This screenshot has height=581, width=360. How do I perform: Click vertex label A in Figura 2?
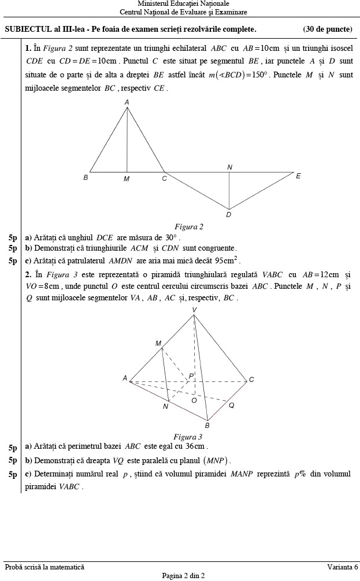(x=127, y=102)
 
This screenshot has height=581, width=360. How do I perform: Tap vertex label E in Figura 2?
(x=298, y=176)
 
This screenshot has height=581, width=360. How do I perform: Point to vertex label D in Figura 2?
(x=229, y=215)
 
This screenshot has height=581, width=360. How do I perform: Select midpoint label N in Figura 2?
(x=229, y=167)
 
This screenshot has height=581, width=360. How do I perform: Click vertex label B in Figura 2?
(x=86, y=178)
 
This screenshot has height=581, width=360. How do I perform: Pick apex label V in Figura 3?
(x=194, y=310)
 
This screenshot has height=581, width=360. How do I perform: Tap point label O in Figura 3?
(x=194, y=400)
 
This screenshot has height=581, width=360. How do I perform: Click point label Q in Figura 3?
(x=231, y=405)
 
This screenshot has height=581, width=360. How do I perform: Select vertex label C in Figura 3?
(x=251, y=379)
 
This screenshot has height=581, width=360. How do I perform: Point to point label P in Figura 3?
(x=191, y=376)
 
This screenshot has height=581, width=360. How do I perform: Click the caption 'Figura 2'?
(x=189, y=227)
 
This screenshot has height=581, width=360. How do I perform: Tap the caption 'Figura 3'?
(x=188, y=437)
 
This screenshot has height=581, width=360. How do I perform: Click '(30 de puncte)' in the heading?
(x=327, y=29)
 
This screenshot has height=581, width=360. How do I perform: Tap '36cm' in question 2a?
(x=196, y=446)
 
